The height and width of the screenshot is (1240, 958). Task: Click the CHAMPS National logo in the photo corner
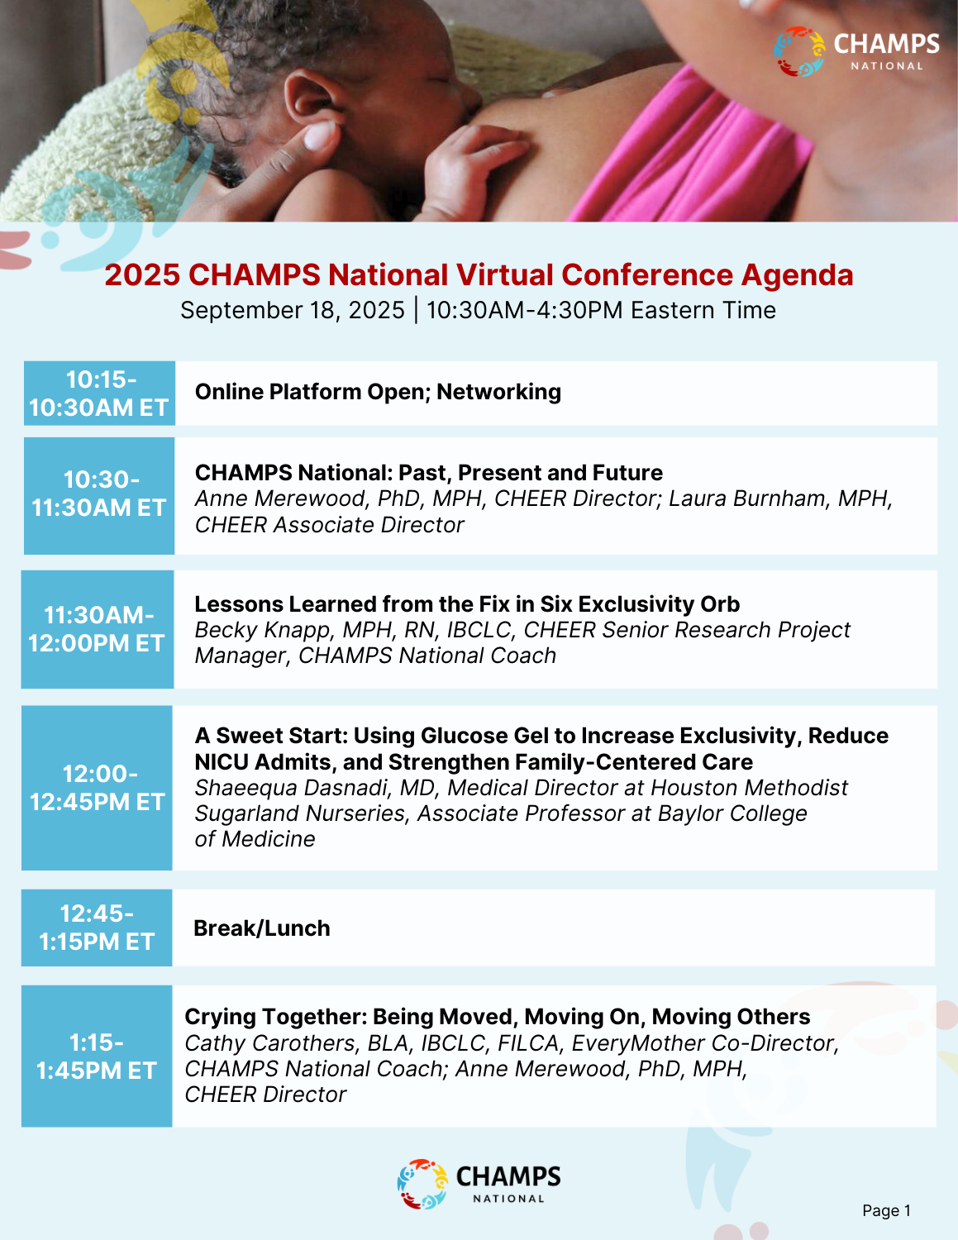(856, 51)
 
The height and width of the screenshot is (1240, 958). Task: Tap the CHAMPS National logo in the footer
(479, 1184)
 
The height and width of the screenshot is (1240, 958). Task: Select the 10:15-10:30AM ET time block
(99, 393)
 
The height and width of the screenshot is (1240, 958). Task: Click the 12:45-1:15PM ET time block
(97, 928)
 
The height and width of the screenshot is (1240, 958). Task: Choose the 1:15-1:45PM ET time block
(97, 1056)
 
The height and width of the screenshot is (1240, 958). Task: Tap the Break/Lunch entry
(262, 928)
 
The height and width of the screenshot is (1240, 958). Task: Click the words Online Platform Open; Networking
(378, 392)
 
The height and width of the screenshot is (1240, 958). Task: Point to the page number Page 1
(886, 1210)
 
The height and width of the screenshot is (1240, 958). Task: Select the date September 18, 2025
(292, 311)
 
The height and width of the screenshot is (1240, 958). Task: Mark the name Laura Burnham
(746, 498)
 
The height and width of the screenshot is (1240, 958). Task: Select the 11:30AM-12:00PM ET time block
(98, 629)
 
